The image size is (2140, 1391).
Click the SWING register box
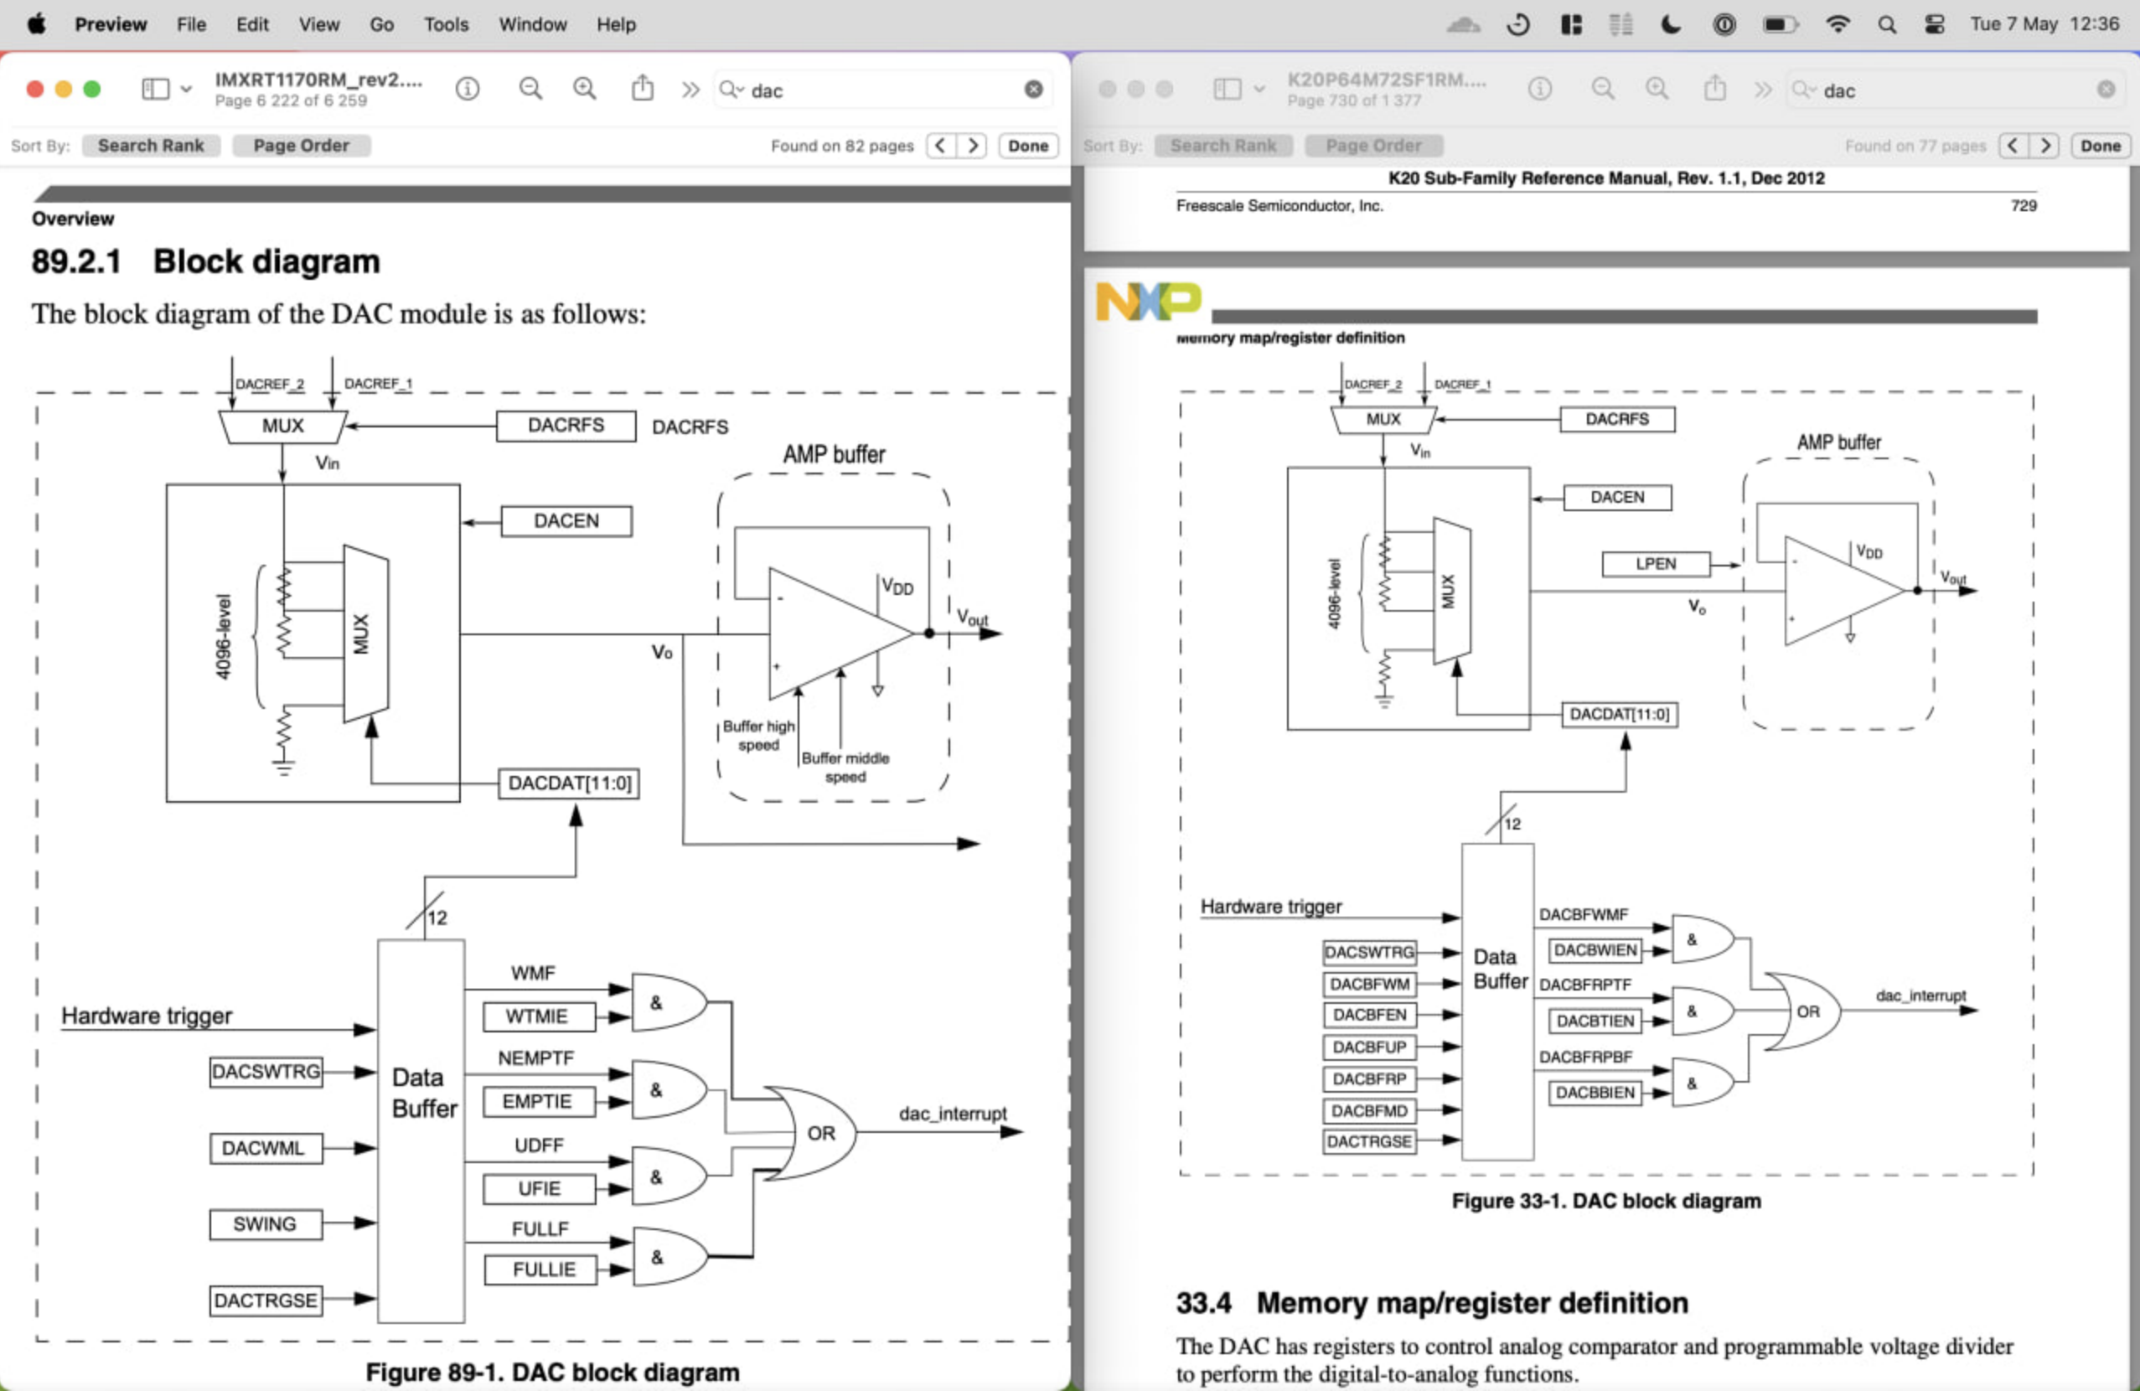[266, 1223]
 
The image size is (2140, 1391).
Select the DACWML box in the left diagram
[266, 1148]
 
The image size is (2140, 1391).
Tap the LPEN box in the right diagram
[1655, 564]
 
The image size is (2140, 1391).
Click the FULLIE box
[543, 1269]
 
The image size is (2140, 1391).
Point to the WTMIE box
[538, 1016]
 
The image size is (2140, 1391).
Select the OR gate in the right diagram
[1803, 1011]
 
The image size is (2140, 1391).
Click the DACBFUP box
[1368, 1047]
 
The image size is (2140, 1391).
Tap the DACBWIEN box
[1595, 949]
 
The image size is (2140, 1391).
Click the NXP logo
[1147, 300]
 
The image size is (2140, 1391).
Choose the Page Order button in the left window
[300, 146]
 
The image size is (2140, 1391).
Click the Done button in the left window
[1028, 146]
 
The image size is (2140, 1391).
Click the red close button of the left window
[35, 89]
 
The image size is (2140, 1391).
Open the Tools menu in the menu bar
[446, 24]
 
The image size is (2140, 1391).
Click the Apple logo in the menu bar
[36, 24]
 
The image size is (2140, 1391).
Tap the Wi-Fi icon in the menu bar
[1837, 24]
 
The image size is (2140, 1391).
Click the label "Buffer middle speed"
[845, 767]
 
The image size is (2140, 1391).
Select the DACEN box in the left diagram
[566, 520]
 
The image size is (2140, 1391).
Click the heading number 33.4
[1203, 1302]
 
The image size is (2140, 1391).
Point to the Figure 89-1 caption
[552, 1372]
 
